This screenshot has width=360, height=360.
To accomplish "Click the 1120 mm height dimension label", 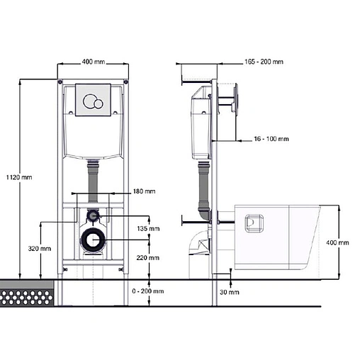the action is pos(19,177).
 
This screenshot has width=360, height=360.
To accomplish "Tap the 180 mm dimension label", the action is pos(144,191).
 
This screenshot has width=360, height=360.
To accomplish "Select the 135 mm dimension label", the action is pos(148,228).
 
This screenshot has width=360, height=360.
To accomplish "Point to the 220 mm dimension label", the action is pos(148,258).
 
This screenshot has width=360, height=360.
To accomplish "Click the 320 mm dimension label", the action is pos(40,249).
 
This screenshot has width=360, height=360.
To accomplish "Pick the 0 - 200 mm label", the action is pos(148,291).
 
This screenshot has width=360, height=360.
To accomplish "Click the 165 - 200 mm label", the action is pos(264,62).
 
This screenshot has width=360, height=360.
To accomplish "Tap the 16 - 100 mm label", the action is pos(271,139).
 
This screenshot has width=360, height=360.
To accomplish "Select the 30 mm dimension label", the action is pos(230,292).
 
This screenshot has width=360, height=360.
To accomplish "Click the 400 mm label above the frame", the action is pos(94,62).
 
